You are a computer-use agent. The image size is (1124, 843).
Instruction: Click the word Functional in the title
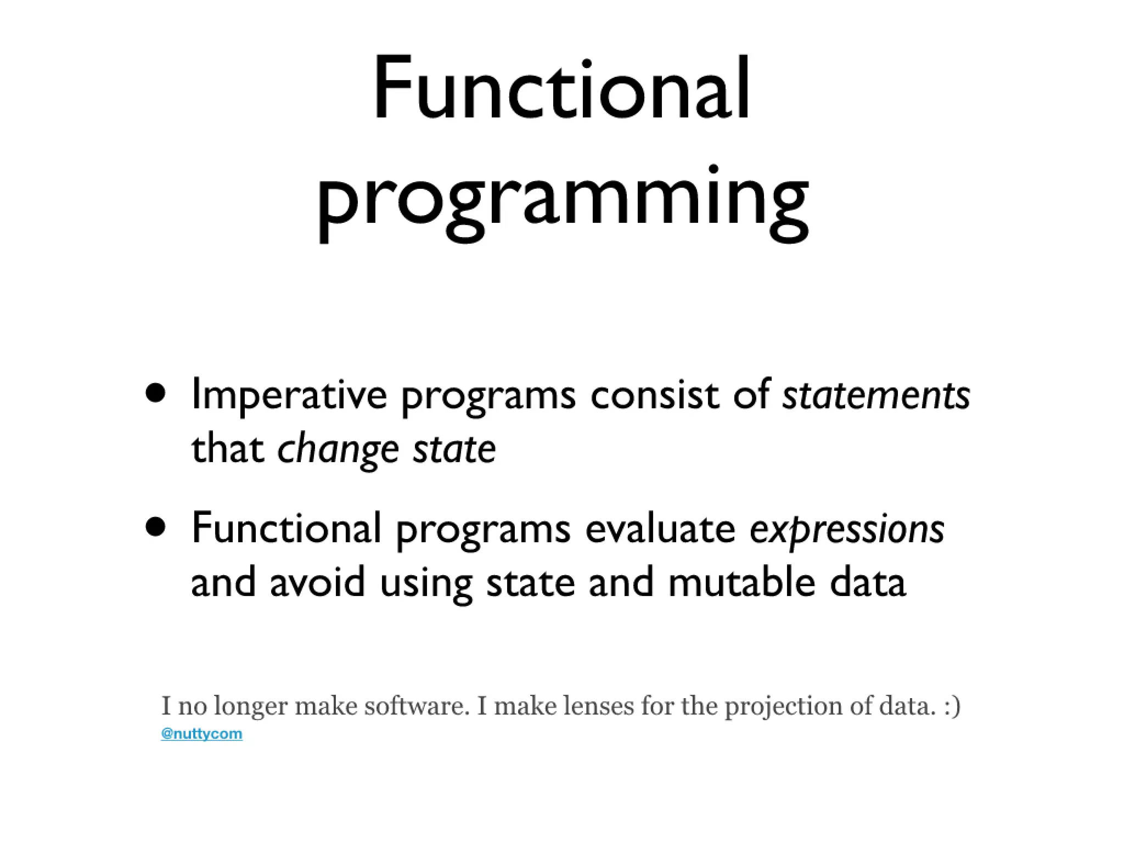pyautogui.click(x=561, y=88)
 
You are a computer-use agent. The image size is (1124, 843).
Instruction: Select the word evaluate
pyautogui.click(x=660, y=528)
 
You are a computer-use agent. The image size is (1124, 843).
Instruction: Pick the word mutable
pyautogui.click(x=741, y=582)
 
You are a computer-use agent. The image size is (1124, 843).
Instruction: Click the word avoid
pyautogui.click(x=317, y=582)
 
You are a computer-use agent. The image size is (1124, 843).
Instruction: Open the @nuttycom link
pyautogui.click(x=201, y=734)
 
